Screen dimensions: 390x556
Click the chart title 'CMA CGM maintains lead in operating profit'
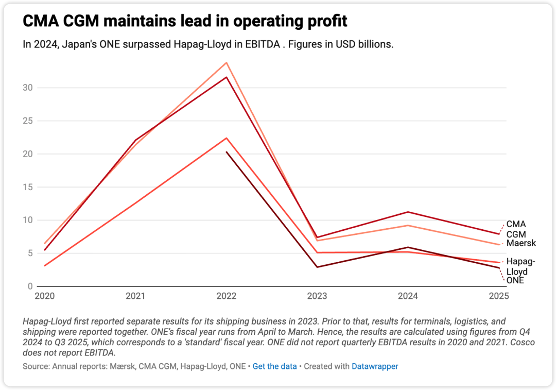185,21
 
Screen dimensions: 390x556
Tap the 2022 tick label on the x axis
227,296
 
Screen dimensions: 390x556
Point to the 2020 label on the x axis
44,296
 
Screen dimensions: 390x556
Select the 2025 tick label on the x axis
499,296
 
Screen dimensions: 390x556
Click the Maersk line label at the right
521,243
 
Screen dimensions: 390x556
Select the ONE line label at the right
515,280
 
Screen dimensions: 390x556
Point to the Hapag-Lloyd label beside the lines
520,266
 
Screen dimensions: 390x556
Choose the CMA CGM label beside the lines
516,229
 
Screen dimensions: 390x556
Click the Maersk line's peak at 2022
227,63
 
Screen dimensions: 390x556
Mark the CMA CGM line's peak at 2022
227,77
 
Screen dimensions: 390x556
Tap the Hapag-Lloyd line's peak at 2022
227,138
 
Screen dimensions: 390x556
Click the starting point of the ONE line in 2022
227,152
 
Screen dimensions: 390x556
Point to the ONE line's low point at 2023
318,267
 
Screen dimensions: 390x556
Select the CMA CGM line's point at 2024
408,212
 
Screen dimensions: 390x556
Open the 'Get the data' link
274,366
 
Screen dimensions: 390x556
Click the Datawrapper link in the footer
375,366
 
